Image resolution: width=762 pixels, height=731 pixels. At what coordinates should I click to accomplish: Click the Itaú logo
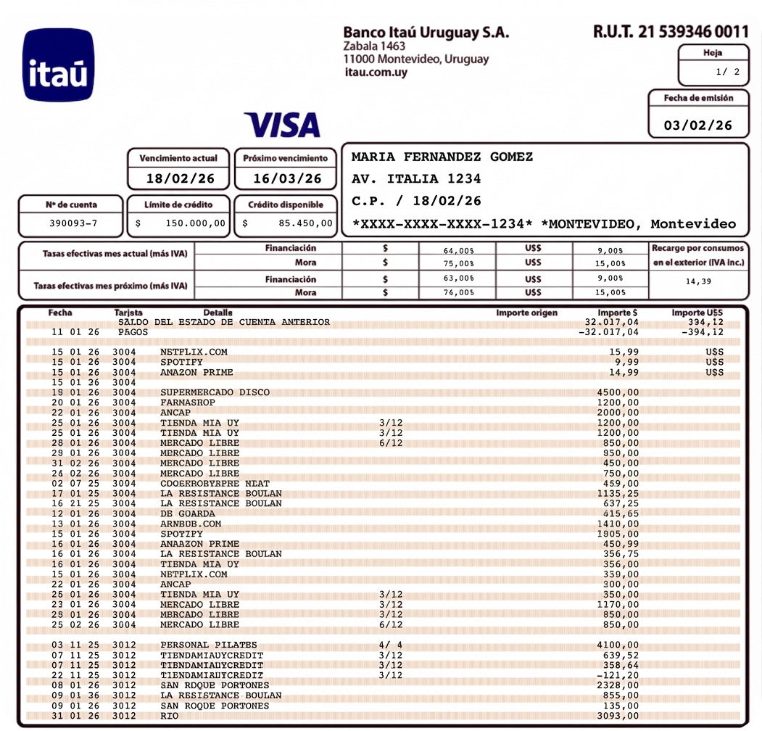point(59,65)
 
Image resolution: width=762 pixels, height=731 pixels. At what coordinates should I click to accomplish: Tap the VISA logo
point(282,125)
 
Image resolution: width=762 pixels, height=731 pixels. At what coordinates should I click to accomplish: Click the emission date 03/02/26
point(698,125)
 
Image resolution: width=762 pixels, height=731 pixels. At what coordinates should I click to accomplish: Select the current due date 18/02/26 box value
point(179,178)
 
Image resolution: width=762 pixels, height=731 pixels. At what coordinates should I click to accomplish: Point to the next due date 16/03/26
point(287,178)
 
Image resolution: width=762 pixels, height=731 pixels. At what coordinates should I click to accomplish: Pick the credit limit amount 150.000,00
point(195,223)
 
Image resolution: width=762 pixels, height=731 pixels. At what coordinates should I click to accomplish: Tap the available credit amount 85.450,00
point(305,223)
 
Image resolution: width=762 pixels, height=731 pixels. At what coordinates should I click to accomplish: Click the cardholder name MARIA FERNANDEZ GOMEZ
point(442,157)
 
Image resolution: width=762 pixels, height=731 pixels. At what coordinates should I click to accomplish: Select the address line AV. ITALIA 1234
point(416,178)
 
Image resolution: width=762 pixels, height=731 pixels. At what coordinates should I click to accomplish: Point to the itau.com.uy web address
point(376,72)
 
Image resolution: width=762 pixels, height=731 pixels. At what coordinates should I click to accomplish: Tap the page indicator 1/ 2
point(727,72)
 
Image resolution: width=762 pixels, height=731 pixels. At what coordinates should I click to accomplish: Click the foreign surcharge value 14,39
point(697,281)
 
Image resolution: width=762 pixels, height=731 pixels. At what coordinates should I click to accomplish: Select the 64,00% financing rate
point(458,250)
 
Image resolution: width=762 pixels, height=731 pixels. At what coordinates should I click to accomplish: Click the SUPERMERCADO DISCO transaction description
point(215,392)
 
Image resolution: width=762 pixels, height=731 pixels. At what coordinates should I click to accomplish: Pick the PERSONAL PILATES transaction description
point(209,645)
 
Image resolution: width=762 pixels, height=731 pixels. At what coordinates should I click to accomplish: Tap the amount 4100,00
point(618,645)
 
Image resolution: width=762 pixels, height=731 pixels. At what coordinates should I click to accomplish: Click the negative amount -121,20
point(618,675)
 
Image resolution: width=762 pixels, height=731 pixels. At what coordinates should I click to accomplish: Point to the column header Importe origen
point(527,313)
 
